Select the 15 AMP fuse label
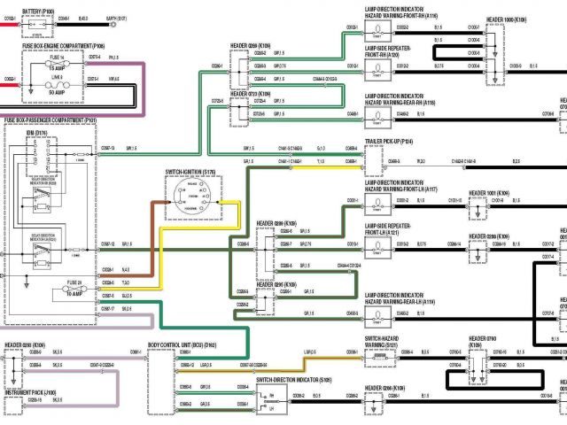tap(56, 67)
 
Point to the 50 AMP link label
tap(56, 92)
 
